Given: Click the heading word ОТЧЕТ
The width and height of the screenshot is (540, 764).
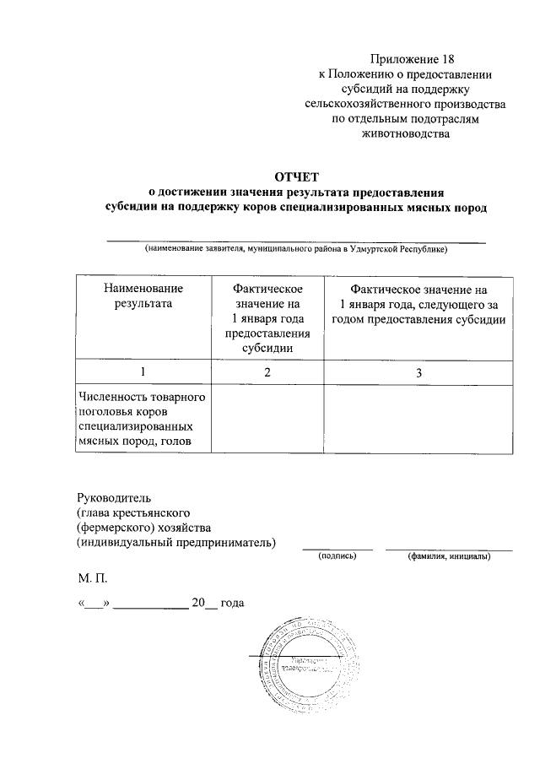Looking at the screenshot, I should click(294, 176).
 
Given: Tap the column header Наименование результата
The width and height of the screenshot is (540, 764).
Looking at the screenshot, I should click(142, 296).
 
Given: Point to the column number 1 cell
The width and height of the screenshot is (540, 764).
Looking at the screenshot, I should click(142, 372).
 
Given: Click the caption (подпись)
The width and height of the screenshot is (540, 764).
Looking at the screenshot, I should click(337, 557).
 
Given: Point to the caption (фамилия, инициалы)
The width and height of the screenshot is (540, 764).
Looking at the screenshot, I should click(447, 557).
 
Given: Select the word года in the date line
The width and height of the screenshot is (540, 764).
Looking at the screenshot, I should click(232, 604).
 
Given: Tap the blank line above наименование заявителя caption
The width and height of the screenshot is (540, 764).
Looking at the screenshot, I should click(295, 241).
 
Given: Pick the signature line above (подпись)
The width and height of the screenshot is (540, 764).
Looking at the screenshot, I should click(337, 550).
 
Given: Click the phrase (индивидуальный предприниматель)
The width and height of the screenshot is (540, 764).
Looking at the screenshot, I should click(175, 542).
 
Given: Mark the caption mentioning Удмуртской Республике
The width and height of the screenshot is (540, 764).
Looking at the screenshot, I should click(295, 249).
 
